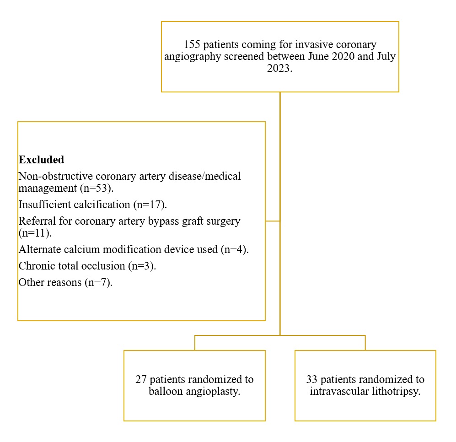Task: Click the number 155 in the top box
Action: coord(192,45)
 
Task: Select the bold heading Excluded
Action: coord(41,160)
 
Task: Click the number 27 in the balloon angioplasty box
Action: coord(141,380)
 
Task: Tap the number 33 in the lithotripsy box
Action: coord(312,380)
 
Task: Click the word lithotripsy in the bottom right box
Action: coord(397,392)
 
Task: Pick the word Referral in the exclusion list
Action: coord(37,221)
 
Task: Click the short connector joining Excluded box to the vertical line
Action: coord(273,221)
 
